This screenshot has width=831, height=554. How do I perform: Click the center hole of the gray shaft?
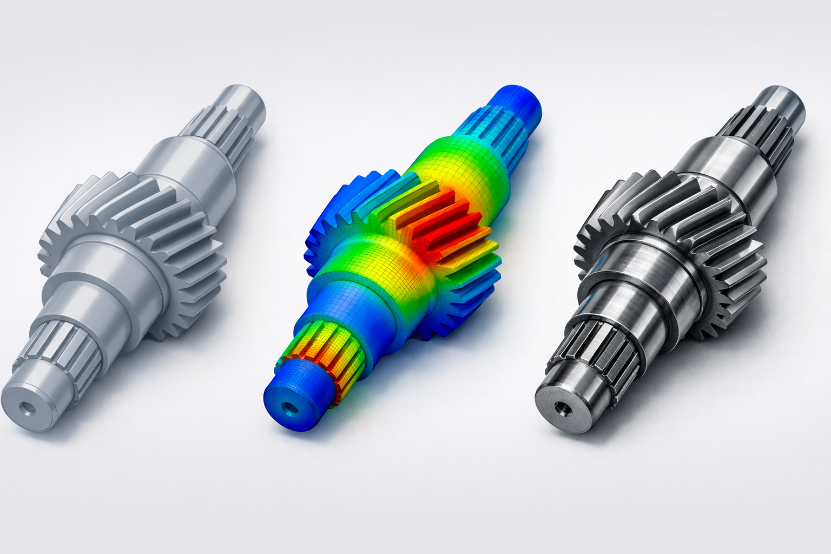click(25, 406)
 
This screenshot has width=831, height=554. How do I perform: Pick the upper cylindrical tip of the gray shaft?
click(245, 105)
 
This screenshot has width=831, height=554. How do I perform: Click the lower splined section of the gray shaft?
click(65, 346)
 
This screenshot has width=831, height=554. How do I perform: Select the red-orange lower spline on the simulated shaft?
click(325, 352)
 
